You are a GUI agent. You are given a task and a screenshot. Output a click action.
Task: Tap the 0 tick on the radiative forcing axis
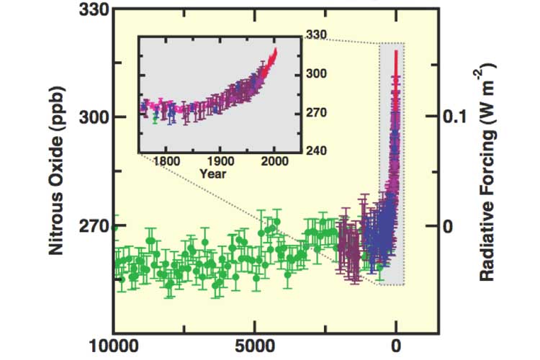(451, 226)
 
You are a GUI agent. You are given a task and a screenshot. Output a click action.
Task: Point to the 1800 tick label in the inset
(165, 161)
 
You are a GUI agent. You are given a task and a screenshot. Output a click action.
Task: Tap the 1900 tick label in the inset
(220, 161)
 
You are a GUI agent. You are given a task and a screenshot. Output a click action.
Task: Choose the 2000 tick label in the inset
(275, 161)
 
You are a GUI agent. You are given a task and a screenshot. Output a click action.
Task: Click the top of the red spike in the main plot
(396, 52)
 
